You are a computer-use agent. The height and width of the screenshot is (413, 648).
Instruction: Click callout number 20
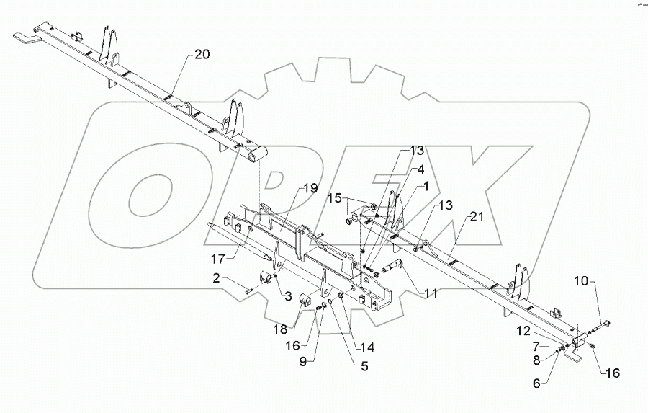(x=202, y=55)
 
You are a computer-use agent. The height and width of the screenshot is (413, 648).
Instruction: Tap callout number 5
(x=364, y=366)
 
